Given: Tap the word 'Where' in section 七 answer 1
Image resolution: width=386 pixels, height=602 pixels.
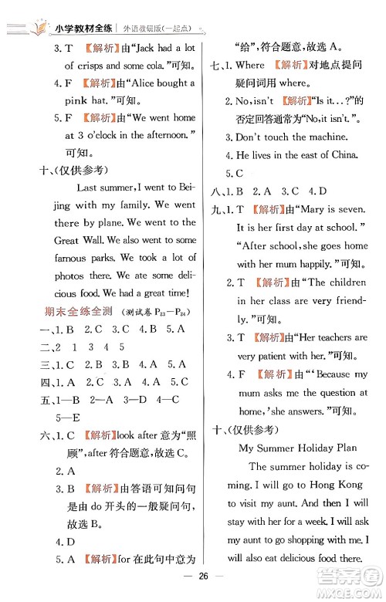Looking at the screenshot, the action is (x=249, y=65).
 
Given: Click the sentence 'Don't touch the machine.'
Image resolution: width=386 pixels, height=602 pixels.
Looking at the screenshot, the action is (x=292, y=137).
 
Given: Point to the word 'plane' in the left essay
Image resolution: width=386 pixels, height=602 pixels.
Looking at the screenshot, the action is (x=117, y=223).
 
